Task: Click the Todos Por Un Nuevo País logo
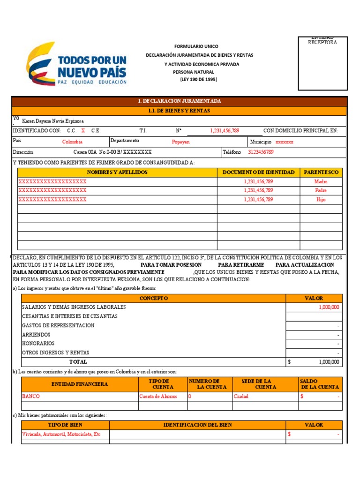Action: click(x=77, y=64)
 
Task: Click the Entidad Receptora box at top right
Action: click(x=322, y=63)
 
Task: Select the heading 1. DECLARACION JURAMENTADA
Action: click(x=179, y=101)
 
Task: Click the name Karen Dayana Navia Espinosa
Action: click(x=53, y=121)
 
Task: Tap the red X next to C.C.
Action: click(x=83, y=131)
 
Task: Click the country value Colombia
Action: click(x=72, y=142)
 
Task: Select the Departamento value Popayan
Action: click(x=180, y=142)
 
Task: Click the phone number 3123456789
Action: click(x=261, y=152)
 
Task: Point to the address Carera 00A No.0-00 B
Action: click(x=112, y=152)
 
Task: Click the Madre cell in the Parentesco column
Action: click(x=321, y=181)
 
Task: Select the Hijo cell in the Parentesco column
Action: click(x=321, y=200)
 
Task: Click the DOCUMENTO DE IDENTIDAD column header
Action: click(x=258, y=172)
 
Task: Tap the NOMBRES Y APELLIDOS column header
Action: click(x=117, y=172)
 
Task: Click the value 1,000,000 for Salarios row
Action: click(x=329, y=307)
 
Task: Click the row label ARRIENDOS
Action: click(x=36, y=335)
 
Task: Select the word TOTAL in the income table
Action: click(x=78, y=362)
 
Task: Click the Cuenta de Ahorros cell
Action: click(x=158, y=396)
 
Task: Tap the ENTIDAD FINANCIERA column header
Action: click(x=79, y=384)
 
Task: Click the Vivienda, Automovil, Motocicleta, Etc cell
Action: click(x=61, y=434)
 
